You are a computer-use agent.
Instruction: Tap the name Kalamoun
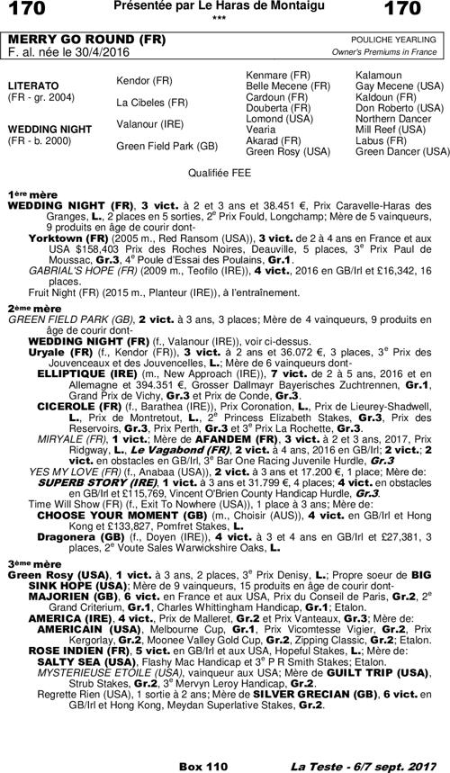pyautogui.click(x=379, y=71)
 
